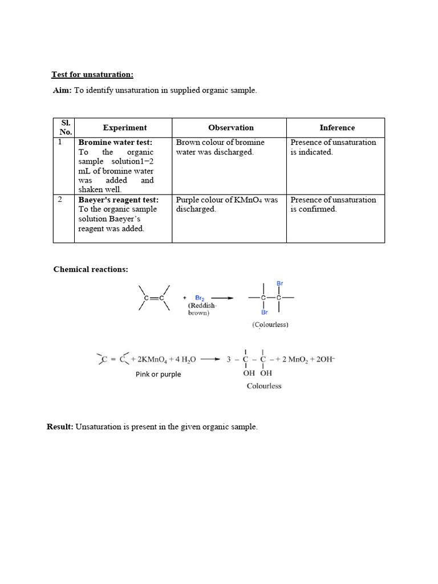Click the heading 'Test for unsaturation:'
click(x=92, y=75)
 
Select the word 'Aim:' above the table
click(x=62, y=91)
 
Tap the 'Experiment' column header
click(x=124, y=128)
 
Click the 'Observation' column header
click(x=230, y=128)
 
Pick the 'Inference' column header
click(x=336, y=128)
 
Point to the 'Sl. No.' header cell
click(x=66, y=128)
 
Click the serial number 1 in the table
click(x=60, y=142)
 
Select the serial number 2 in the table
click(x=60, y=200)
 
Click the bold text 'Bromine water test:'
click(x=115, y=143)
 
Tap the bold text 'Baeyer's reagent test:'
click(x=118, y=200)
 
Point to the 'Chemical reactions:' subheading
click(x=91, y=269)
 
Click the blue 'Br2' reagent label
click(x=200, y=298)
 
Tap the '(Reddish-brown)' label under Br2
click(x=202, y=309)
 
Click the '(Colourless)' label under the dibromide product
click(x=270, y=325)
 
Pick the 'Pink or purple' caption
click(x=158, y=374)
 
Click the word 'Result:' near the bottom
click(x=60, y=427)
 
